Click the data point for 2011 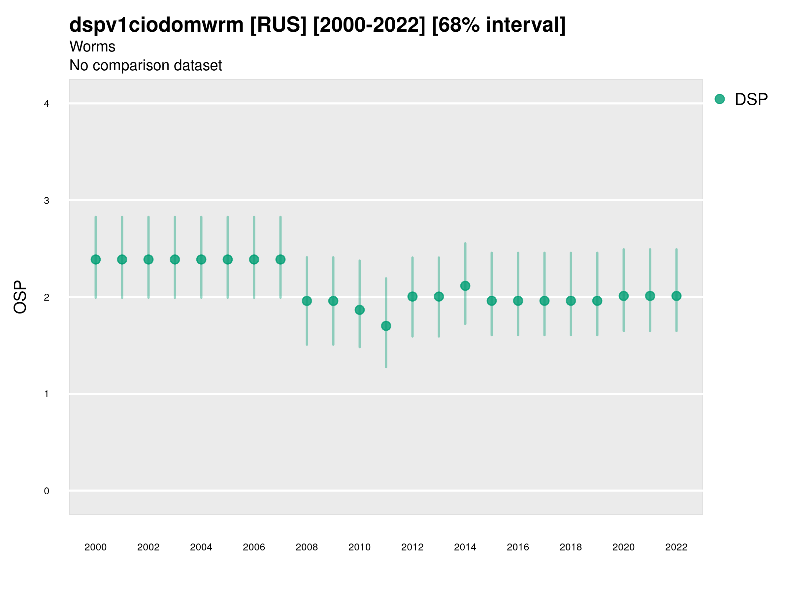386,326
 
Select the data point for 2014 465,286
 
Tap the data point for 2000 96,259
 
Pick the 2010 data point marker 359,310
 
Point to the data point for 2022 676,296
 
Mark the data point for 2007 280,259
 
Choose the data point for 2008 307,301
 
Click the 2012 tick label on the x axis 412,547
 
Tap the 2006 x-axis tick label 254,547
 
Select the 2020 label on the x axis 623,547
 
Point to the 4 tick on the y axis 47,104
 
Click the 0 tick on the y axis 47,491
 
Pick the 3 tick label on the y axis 47,201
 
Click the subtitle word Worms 92,47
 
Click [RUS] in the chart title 278,25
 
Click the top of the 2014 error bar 465,244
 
